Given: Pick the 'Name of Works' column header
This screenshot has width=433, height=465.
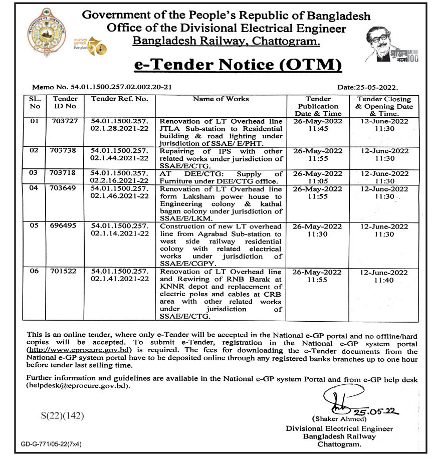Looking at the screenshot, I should point(221,99).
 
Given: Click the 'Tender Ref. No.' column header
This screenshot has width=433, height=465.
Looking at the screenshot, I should point(120,99).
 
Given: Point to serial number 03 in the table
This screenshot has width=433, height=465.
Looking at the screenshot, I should point(35,174).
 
